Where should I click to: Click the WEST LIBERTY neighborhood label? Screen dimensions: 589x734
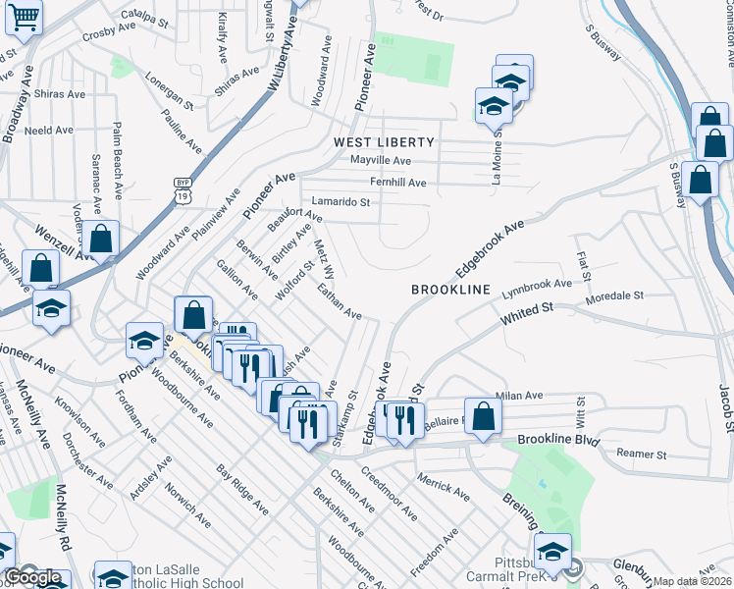377,142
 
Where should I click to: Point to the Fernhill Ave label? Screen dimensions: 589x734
397,183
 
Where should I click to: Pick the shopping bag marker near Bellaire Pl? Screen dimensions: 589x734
483,416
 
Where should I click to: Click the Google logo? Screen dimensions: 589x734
31,578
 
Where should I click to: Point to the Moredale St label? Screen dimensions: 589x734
613,294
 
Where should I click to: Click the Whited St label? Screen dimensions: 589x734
527,313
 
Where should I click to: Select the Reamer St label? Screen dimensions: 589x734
641,455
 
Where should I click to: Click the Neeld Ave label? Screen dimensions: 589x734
49,130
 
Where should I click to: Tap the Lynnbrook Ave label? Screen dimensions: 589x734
536,287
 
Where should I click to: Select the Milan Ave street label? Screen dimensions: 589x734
519,396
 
